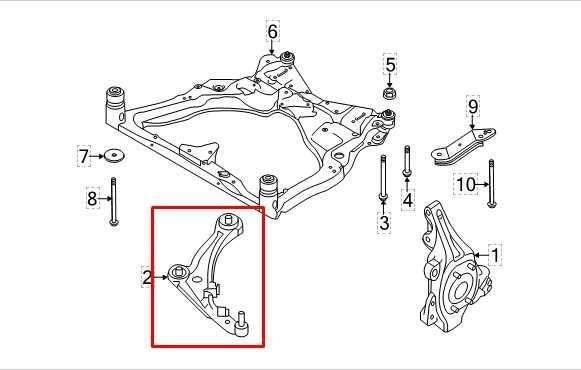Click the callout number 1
pos(495,255)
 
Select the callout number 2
pos(147,277)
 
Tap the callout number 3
pos(384,223)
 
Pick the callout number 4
pos(408,201)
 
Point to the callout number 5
pos(391,67)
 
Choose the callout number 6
pos(272,32)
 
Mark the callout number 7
pos(84,156)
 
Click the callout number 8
pos(92,199)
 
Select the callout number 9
pos(473,107)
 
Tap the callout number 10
pos(466,185)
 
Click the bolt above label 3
pos(384,180)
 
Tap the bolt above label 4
pos(406,164)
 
